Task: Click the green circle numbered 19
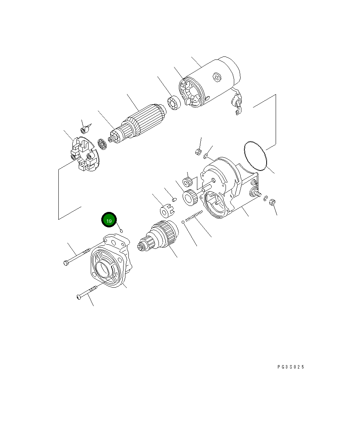[109, 221]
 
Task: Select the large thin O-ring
[255, 155]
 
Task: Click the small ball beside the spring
[183, 222]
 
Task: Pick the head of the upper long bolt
[66, 262]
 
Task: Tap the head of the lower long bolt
[78, 297]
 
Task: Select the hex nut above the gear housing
[197, 152]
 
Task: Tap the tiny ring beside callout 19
[121, 230]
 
